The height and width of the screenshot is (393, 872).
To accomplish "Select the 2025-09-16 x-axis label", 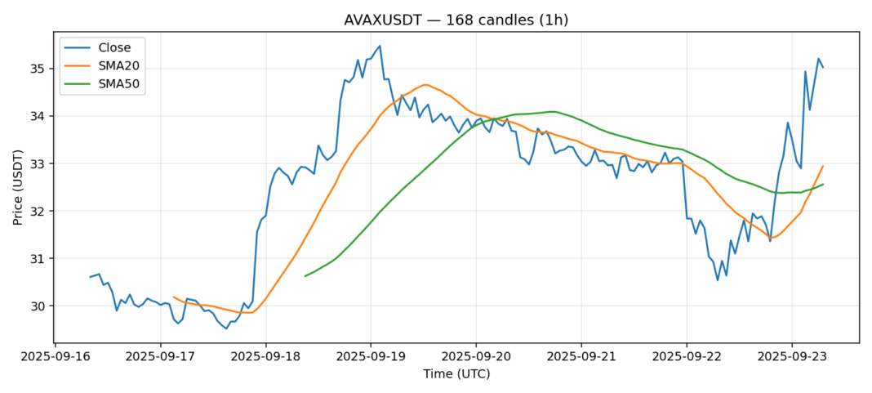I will click(x=56, y=357).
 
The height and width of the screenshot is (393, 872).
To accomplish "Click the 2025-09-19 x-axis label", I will click(x=371, y=357).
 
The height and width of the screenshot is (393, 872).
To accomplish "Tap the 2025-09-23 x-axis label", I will click(x=791, y=357).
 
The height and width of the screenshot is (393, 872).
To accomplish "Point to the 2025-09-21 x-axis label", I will click(x=581, y=357).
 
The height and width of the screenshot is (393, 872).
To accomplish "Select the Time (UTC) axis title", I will click(x=456, y=374).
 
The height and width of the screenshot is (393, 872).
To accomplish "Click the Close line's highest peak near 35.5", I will click(x=380, y=46).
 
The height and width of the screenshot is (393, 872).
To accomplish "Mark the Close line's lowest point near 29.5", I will click(x=226, y=328).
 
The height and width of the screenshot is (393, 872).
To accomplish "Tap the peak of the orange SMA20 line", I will click(x=424, y=84).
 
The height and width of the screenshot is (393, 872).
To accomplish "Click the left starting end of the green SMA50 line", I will click(x=305, y=276).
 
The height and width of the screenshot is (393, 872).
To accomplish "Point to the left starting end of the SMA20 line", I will click(x=174, y=297).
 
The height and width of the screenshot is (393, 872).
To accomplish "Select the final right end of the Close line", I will click(x=823, y=67).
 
